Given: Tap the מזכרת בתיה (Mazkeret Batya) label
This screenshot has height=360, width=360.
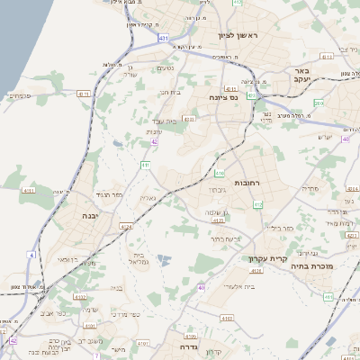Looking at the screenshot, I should (312, 266).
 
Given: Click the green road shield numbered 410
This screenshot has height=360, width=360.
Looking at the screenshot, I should (220, 171).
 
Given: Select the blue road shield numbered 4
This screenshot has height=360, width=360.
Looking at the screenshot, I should (31, 256).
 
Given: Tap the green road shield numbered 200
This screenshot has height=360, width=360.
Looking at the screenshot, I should (319, 103).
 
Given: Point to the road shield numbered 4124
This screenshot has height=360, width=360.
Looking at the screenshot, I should (126, 227).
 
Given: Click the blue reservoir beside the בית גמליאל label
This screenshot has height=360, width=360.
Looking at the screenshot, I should (164, 259).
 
